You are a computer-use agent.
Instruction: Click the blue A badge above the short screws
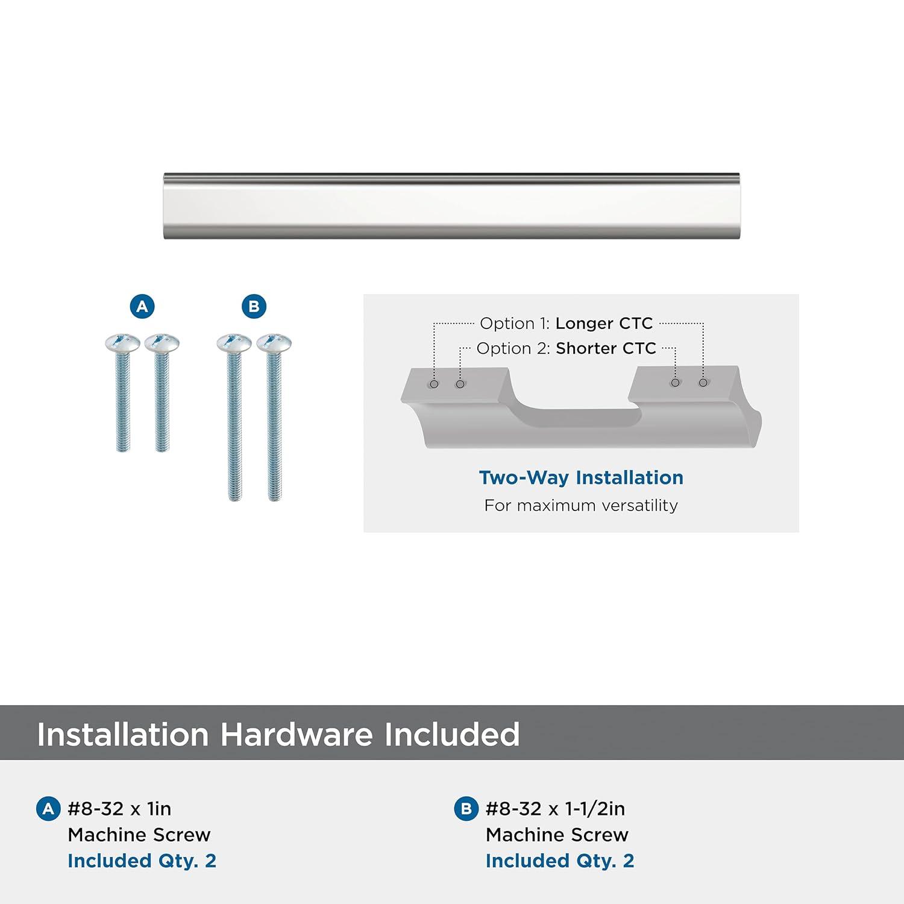142,306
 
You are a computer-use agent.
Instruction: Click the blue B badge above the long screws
254,306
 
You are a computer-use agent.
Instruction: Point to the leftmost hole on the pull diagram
434,384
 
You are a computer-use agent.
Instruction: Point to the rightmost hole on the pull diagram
703,383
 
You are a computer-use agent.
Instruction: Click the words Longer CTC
604,324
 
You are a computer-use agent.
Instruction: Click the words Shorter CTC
606,348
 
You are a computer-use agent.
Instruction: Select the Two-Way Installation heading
581,478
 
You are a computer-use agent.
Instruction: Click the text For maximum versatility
581,505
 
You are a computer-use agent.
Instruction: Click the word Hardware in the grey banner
297,734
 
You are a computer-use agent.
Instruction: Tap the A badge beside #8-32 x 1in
48,809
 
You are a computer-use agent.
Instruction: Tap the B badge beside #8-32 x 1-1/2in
466,809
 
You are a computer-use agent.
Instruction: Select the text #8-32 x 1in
119,809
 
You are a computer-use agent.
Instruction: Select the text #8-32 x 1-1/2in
555,809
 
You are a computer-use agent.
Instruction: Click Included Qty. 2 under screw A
142,861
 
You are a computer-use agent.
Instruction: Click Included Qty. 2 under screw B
560,861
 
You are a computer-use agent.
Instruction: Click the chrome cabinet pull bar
452,206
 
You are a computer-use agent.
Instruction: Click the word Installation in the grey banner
123,734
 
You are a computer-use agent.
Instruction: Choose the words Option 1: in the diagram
515,324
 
